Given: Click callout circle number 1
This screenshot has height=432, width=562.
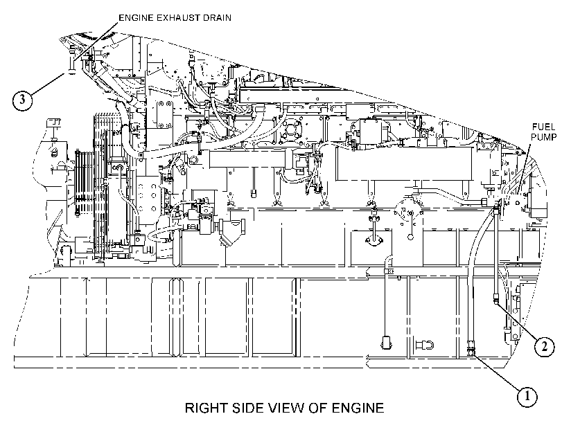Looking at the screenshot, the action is coord(527,397).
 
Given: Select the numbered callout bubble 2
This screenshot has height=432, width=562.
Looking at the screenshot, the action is coord(545,346).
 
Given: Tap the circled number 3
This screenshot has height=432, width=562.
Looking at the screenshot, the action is coord(22,99).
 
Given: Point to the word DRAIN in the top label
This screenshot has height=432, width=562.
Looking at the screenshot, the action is coord(217,17).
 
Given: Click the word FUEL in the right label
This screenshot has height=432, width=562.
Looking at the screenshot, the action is coord(543,127).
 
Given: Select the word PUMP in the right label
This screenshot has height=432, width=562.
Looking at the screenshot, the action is coord(544,137).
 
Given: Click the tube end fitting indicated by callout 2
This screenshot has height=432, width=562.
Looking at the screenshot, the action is coord(496,298).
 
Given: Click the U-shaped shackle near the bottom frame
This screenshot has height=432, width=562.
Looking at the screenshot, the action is coord(425,345).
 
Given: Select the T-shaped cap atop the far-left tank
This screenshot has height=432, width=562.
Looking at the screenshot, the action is coord(53,124).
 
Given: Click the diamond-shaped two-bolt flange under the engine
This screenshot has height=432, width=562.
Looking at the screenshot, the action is coord(374,240).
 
